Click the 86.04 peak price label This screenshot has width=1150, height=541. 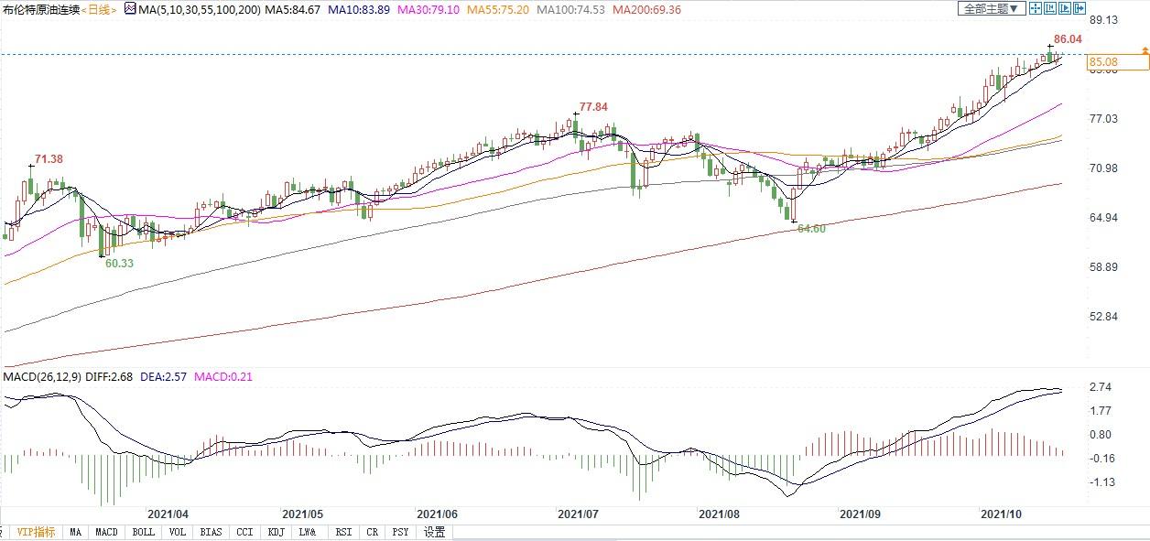(1068, 39)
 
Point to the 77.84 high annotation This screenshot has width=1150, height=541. (593, 107)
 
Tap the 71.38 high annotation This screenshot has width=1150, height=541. (49, 159)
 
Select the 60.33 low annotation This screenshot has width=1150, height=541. (119, 264)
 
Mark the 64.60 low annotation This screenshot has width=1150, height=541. (811, 229)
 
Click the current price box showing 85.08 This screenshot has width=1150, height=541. (1118, 62)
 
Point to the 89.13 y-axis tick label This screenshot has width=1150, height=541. (1104, 20)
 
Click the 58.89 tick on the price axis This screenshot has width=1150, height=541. (1104, 267)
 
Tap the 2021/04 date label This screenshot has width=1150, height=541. (168, 514)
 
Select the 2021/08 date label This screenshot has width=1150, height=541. (720, 514)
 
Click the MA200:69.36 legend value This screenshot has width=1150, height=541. (646, 10)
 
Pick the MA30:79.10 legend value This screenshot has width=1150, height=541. (429, 10)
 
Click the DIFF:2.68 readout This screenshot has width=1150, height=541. (109, 377)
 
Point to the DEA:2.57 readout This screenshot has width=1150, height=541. (163, 377)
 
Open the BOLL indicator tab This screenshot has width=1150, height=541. (143, 532)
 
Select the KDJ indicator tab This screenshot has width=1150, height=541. (277, 532)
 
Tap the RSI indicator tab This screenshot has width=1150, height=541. (343, 532)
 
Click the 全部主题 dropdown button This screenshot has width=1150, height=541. (992, 9)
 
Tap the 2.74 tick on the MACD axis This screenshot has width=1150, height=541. (1101, 387)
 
